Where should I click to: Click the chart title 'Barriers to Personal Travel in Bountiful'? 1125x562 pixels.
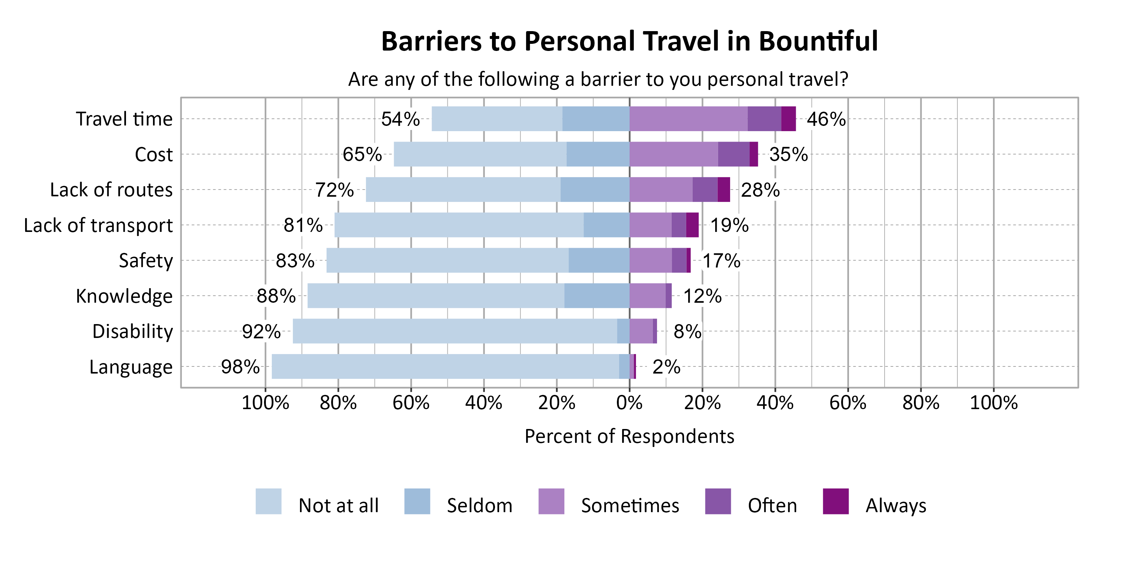(x=629, y=42)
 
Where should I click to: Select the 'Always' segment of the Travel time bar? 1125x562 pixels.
(x=788, y=119)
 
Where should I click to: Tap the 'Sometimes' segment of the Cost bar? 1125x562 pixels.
(x=673, y=154)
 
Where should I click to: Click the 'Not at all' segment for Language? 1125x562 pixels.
(x=445, y=366)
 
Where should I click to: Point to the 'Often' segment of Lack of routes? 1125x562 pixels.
(x=705, y=189)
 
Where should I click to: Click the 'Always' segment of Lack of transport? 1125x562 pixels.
(x=692, y=225)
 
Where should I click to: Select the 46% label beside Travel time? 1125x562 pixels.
(x=826, y=119)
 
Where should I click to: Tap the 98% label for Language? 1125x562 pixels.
(x=240, y=366)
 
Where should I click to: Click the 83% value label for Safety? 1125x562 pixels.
(x=295, y=260)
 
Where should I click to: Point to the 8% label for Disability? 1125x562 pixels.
(x=687, y=331)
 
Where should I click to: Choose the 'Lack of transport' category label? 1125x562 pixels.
(x=98, y=225)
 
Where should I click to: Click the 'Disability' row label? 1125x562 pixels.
(x=132, y=331)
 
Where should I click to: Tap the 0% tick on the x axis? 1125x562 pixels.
(x=629, y=402)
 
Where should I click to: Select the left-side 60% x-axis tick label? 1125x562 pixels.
(x=411, y=402)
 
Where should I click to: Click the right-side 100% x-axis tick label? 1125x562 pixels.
(x=993, y=402)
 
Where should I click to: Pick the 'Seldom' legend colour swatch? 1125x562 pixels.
(x=417, y=501)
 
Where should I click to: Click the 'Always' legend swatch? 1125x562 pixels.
(x=835, y=501)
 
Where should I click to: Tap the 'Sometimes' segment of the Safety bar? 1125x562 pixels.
(x=651, y=260)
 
